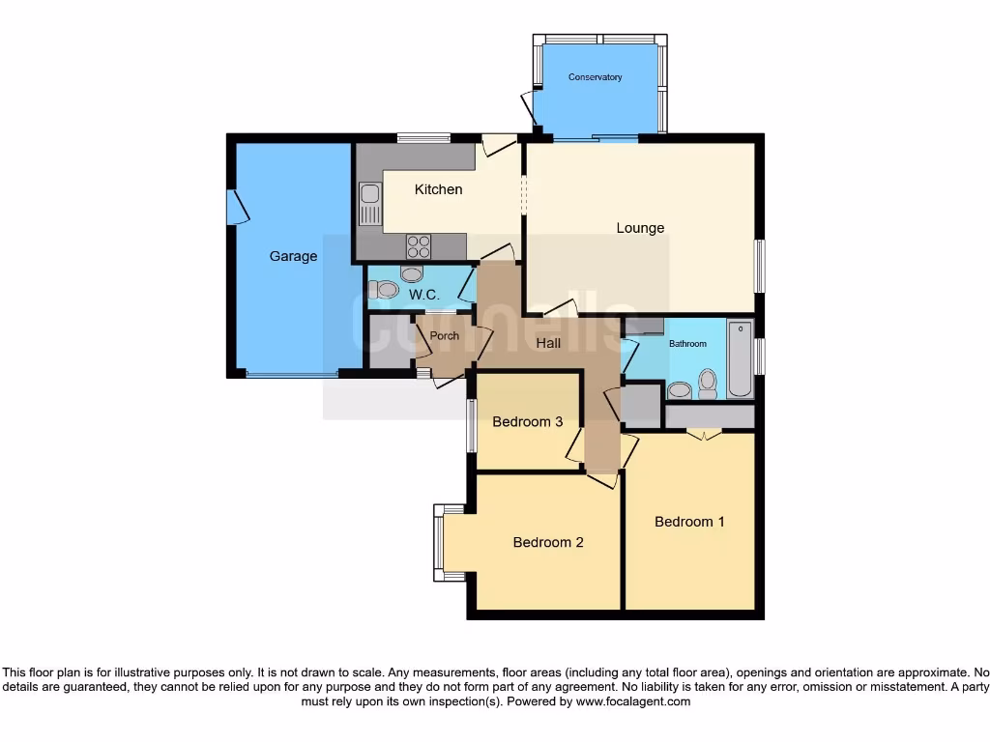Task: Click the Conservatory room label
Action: [595, 77]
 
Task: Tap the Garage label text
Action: [293, 256]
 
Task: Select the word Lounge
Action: [640, 228]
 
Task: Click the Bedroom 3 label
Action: [527, 421]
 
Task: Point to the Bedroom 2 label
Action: [548, 542]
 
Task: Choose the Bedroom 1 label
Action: [689, 522]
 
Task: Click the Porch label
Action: [444, 336]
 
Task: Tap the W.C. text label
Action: [424, 294]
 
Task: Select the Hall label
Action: [548, 343]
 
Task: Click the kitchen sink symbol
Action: [370, 205]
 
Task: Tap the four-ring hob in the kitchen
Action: [418, 246]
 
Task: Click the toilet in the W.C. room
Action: [384, 289]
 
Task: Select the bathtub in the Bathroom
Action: [741, 359]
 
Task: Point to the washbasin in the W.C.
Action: [412, 273]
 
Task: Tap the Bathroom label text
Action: [690, 344]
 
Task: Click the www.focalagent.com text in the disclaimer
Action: [633, 702]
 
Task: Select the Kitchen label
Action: [438, 189]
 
